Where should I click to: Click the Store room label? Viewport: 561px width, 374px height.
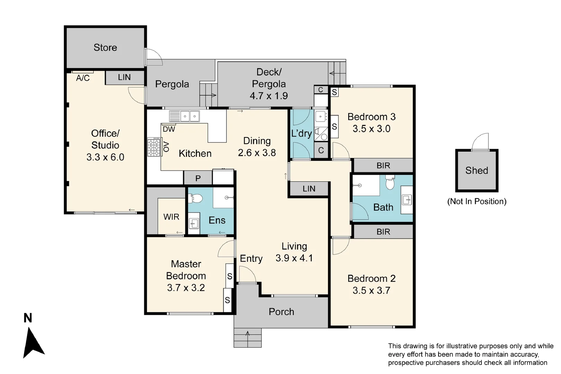pyautogui.click(x=105, y=47)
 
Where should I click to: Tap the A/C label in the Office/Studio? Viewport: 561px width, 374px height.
pyautogui.click(x=83, y=78)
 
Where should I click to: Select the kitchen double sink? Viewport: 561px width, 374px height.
pyautogui.click(x=189, y=116)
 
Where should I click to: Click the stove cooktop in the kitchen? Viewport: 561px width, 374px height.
pyautogui.click(x=154, y=147)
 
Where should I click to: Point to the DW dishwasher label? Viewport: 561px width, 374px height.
pyautogui.click(x=169, y=129)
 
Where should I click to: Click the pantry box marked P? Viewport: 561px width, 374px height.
pyautogui.click(x=198, y=178)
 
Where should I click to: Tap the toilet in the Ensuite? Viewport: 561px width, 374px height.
pyautogui.click(x=196, y=198)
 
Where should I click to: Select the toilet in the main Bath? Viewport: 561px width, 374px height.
pyautogui.click(x=390, y=184)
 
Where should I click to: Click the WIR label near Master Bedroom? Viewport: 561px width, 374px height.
pyautogui.click(x=171, y=217)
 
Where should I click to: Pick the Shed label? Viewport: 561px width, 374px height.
pyautogui.click(x=477, y=170)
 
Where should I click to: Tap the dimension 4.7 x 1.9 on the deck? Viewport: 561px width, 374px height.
pyautogui.click(x=269, y=96)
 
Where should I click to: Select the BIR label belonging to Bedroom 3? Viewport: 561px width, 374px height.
pyautogui.click(x=383, y=166)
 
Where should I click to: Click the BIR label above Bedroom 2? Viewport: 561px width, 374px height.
pyautogui.click(x=383, y=232)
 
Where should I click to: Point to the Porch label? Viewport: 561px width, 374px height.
pyautogui.click(x=281, y=312)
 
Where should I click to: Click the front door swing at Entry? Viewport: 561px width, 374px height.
pyautogui.click(x=247, y=275)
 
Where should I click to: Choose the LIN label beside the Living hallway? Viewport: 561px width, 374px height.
pyautogui.click(x=309, y=189)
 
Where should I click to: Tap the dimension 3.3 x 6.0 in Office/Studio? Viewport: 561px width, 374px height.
pyautogui.click(x=105, y=157)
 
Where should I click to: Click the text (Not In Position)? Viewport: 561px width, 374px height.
pyautogui.click(x=477, y=202)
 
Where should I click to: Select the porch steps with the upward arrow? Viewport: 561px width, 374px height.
pyautogui.click(x=248, y=338)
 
